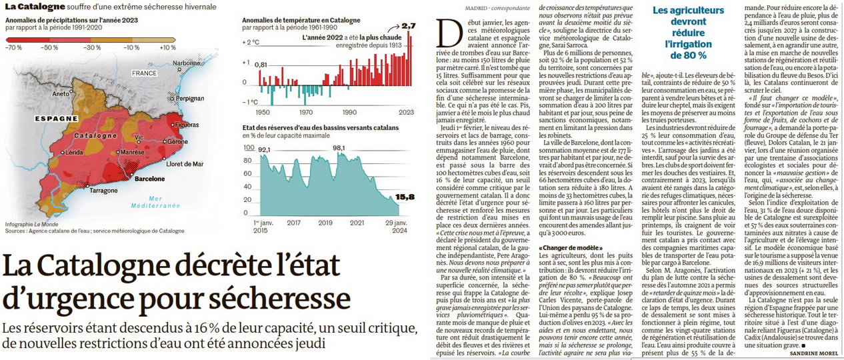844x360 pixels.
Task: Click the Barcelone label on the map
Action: point(149,179)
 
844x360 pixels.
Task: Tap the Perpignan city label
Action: point(190,99)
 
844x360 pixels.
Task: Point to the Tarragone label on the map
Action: point(103,191)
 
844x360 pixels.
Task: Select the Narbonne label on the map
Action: point(187,63)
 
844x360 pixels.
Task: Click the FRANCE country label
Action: point(144,73)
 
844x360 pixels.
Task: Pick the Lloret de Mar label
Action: point(185,164)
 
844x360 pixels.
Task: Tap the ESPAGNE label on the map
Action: point(56,119)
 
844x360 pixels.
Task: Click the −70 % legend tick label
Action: point(14,47)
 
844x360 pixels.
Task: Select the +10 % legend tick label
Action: point(167,47)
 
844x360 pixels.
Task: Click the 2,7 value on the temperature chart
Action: point(409,26)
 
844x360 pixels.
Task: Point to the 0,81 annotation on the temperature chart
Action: point(261,65)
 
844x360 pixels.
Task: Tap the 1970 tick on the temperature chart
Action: point(306,113)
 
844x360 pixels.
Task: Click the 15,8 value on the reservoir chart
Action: point(405,197)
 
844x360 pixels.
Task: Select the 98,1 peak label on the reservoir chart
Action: point(339,148)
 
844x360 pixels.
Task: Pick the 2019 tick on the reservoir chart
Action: point(325,223)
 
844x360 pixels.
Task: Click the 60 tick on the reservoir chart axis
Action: point(247,174)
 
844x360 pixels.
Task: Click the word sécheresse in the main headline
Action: point(279,298)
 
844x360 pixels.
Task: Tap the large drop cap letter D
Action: point(449,33)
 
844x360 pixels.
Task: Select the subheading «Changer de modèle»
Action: point(571,248)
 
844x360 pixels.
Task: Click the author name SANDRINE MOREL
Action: point(814,353)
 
